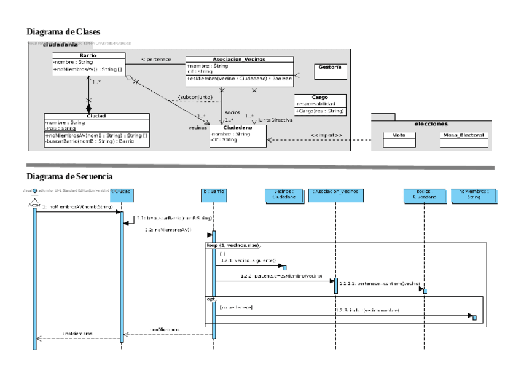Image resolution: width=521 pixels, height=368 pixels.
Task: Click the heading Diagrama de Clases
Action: point(63,31)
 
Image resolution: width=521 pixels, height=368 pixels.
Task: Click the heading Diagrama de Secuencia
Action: point(70,176)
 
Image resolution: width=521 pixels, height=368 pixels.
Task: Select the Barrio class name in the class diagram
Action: point(88,55)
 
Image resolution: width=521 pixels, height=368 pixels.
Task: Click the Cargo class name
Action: point(320,97)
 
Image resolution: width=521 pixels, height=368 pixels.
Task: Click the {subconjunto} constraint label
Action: point(195,97)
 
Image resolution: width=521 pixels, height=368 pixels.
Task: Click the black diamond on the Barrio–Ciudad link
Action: point(88,108)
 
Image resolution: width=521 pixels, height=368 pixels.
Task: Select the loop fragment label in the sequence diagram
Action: point(232,245)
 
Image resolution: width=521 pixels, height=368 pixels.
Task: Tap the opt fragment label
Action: point(210,299)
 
